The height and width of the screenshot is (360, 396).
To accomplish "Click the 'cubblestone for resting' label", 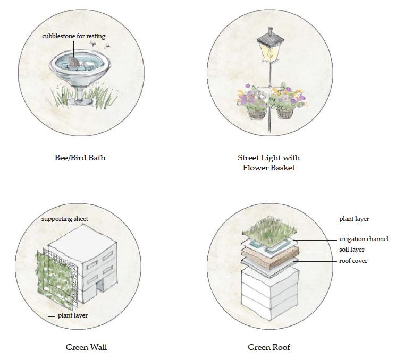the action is pyautogui.click(x=73, y=36).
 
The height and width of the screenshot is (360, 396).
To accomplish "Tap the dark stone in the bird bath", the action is pyautogui.click(x=76, y=63).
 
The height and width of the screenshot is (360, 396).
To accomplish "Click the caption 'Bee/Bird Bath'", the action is pyautogui.click(x=80, y=158).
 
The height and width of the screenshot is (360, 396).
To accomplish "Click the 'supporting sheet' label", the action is pyautogui.click(x=64, y=219).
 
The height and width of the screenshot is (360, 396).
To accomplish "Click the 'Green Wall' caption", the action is pyautogui.click(x=86, y=347).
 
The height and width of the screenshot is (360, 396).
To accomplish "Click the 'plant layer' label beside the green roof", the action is pyautogui.click(x=353, y=219).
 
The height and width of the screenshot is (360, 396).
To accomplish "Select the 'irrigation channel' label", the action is pyautogui.click(x=364, y=239).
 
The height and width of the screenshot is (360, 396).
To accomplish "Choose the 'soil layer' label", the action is pyautogui.click(x=352, y=250).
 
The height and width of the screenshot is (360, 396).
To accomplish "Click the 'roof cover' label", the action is pyautogui.click(x=353, y=261).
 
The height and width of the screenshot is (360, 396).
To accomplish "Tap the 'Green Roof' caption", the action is pyautogui.click(x=269, y=347).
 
